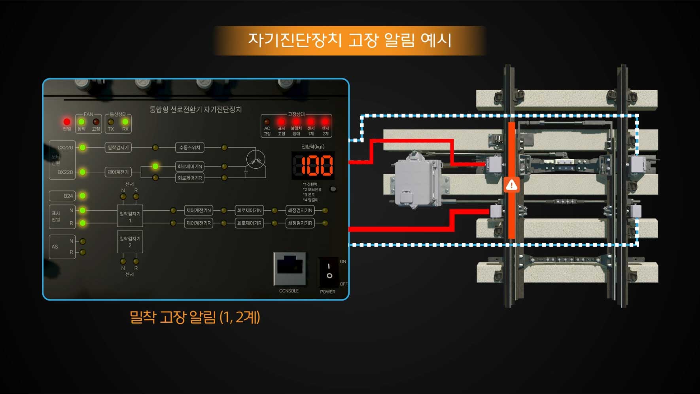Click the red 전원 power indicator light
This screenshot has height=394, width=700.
point(67,122)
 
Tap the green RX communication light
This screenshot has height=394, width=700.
point(125,122)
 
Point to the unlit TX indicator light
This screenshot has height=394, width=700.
point(111,122)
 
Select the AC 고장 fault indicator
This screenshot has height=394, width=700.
point(267,122)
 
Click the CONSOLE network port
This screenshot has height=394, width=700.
point(290,268)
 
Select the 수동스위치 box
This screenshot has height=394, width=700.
point(190,148)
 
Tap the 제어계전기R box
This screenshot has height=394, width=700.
point(199,223)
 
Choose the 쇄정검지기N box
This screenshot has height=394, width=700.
point(300,210)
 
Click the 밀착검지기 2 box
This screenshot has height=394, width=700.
point(130,242)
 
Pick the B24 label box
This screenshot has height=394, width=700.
point(62,196)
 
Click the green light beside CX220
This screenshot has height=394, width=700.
point(82,148)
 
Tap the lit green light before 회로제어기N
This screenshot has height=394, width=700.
point(155,166)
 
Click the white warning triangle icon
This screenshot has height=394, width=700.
point(512,185)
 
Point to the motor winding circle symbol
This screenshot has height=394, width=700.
point(255,160)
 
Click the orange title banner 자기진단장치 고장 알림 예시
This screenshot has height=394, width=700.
point(350,40)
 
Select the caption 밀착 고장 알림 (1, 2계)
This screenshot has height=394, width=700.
point(195,317)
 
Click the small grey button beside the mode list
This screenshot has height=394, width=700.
point(333,189)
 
